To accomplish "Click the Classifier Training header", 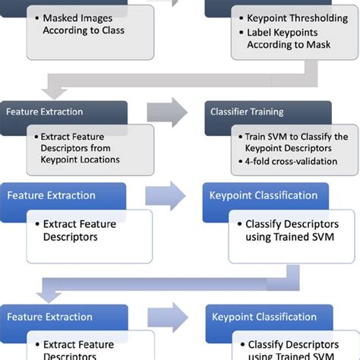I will pos(252,111).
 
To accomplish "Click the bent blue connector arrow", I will pos(182,284).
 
